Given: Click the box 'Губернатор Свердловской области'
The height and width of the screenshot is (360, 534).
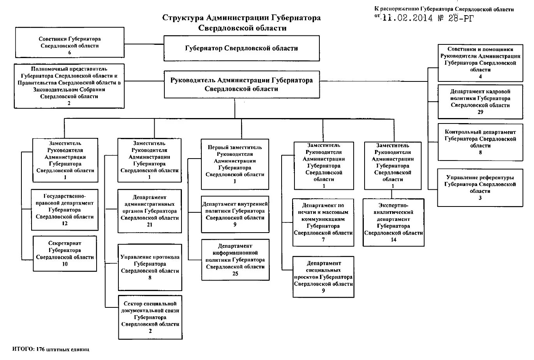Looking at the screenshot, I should (x=241, y=48).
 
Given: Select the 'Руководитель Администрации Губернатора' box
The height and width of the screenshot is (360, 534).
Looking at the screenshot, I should (x=241, y=84).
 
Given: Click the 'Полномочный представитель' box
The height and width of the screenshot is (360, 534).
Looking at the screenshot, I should (x=69, y=86).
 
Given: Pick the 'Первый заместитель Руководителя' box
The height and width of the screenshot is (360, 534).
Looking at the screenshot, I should (x=235, y=164).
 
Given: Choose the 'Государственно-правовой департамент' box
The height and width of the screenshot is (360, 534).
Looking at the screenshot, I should (x=65, y=210).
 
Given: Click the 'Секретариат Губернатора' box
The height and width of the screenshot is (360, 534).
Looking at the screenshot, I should (x=65, y=253).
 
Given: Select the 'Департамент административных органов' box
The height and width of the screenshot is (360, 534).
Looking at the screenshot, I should (x=150, y=211).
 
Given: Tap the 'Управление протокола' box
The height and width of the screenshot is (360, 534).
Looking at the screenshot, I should (x=150, y=267).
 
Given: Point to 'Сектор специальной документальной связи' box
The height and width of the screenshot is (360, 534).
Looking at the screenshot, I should (x=150, y=317).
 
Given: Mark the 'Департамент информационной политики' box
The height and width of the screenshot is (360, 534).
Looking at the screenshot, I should (x=235, y=260).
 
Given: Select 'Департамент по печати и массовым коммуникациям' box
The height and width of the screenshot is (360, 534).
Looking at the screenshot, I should (x=323, y=222).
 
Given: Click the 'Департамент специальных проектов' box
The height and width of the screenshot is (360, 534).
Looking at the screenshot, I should (x=323, y=277).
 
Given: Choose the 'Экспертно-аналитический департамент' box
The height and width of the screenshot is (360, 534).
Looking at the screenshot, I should (x=393, y=222).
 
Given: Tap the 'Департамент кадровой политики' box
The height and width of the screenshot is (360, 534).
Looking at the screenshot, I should (x=480, y=101).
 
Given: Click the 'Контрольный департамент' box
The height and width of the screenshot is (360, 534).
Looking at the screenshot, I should (x=480, y=142).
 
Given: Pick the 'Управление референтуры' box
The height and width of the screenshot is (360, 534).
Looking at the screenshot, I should (x=480, y=187).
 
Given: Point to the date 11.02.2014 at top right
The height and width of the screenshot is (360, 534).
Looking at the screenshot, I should (x=407, y=18).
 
